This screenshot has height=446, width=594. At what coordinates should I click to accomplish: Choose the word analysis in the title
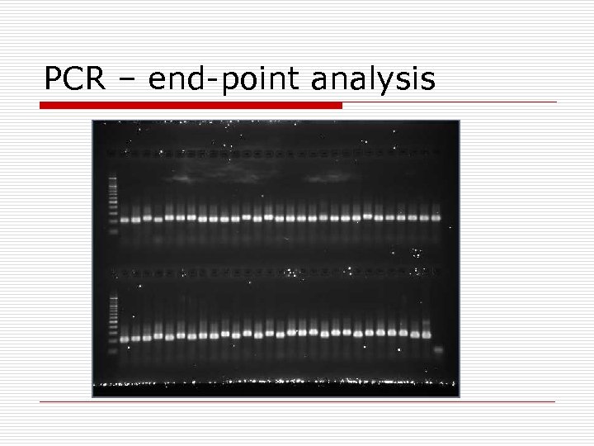[x=373, y=81]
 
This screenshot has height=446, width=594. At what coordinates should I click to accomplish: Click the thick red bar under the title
[x=190, y=105]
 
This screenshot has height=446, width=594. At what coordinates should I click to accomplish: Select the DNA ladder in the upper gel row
[x=113, y=202]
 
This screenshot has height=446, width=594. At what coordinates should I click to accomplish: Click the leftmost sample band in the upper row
[x=125, y=220]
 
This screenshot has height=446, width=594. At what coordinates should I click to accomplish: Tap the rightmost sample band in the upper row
[x=436, y=217]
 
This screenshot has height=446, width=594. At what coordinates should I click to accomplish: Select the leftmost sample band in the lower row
[x=125, y=339]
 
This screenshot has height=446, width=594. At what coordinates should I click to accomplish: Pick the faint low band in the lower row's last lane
[x=438, y=350]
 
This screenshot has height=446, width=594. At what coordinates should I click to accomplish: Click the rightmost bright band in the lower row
[x=426, y=334]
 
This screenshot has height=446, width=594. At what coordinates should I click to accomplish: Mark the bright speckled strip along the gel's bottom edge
[x=275, y=383]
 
